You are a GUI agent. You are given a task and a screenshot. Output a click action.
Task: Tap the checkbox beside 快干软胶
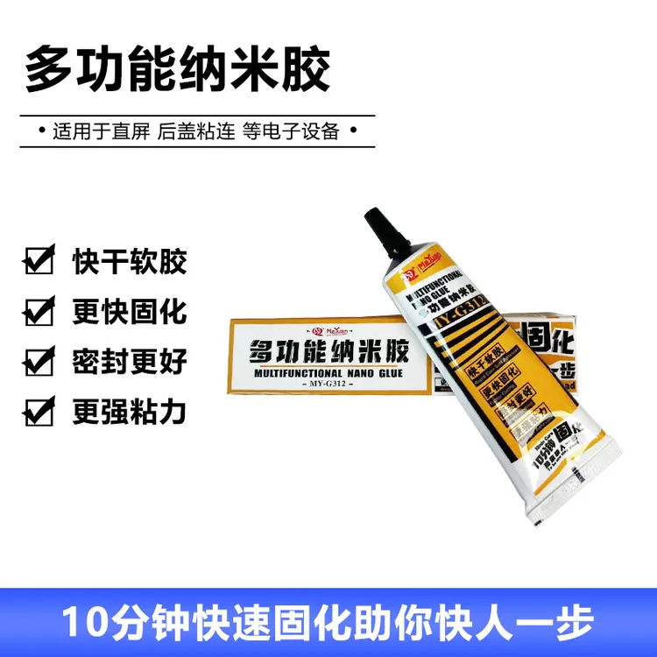38,261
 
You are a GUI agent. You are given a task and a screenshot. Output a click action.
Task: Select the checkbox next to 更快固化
38,310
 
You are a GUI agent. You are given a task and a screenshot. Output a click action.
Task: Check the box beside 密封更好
38,360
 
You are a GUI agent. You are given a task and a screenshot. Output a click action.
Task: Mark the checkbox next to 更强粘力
38,410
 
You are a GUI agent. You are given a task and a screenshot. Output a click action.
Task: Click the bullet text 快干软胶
130,261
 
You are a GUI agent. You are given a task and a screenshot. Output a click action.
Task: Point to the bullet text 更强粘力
130,410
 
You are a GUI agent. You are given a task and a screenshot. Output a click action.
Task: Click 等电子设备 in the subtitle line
290,132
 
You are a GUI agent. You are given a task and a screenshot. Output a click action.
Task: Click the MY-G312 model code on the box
329,387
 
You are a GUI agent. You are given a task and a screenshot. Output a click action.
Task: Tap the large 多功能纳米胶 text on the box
329,352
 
